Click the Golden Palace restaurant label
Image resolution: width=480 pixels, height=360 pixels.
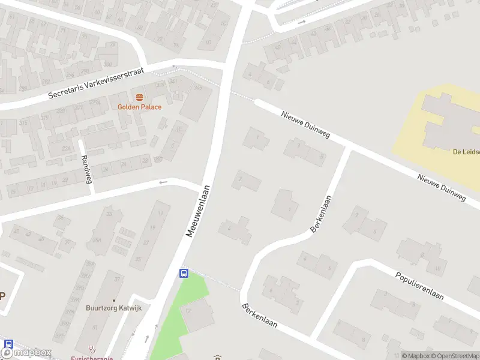[x=139, y=107]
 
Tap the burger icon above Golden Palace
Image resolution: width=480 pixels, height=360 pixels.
[x=139, y=97]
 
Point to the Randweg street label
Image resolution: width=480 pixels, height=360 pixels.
[x=86, y=170]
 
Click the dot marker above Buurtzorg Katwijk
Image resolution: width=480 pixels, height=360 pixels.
[x=113, y=300]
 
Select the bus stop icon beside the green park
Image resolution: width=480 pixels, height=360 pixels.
[x=184, y=273]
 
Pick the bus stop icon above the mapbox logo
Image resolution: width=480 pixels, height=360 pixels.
[x=8, y=344]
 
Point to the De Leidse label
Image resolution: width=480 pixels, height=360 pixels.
[x=466, y=152]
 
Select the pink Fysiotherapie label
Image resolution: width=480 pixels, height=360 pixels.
[x=92, y=357]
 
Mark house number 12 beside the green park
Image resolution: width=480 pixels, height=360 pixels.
[x=188, y=311]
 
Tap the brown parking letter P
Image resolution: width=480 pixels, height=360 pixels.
[x=2, y=295]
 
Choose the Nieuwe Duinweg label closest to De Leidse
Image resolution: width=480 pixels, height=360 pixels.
[x=442, y=187]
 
